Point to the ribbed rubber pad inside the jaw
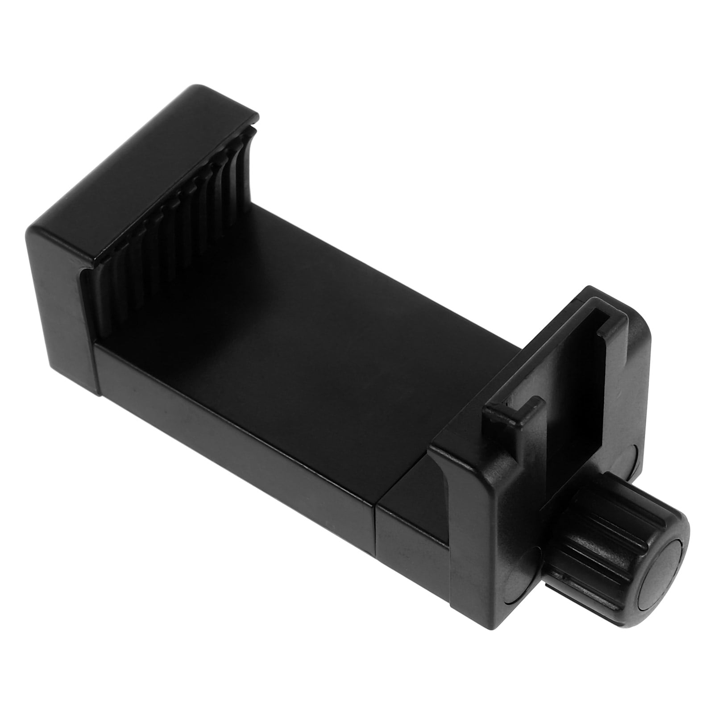tap(178, 232)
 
